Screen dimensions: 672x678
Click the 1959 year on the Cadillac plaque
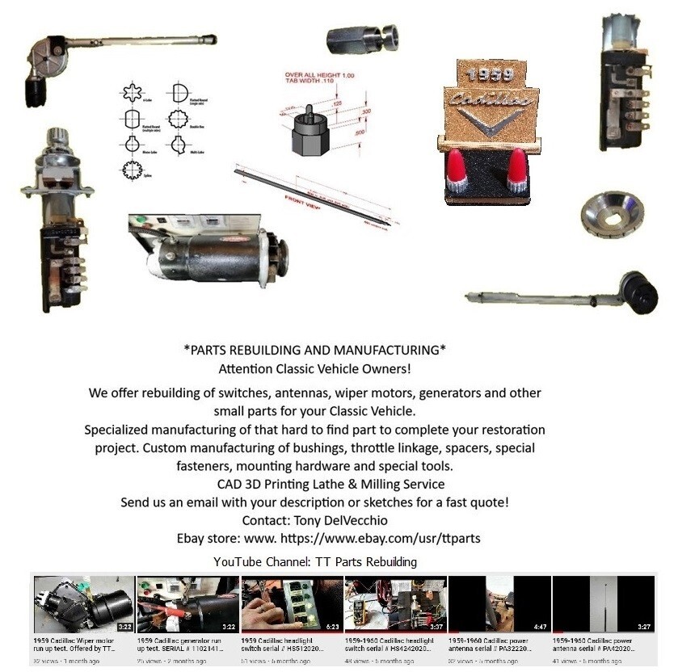click(490, 75)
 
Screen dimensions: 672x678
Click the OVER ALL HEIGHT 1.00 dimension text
click(315, 75)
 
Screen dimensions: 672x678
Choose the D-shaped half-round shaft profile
click(179, 93)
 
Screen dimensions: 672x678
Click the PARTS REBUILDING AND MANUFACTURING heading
click(315, 350)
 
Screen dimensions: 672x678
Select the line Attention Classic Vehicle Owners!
click(315, 368)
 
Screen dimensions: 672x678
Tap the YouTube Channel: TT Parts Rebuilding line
click(315, 561)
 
